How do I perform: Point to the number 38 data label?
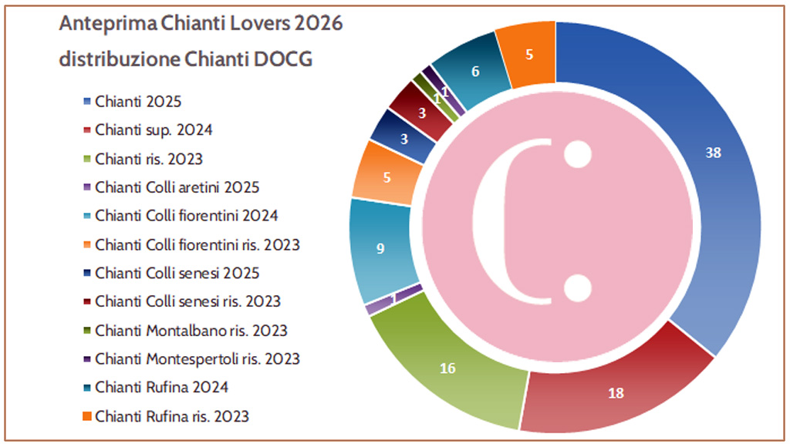714,153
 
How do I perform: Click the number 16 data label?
447,368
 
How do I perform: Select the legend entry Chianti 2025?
138,102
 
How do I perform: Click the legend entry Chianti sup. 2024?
154,130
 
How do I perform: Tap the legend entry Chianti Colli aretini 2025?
177,187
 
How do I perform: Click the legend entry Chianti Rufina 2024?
161,387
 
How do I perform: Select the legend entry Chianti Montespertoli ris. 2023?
197,358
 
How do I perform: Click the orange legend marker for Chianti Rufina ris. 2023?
87,417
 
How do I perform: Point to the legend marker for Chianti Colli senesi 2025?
87,274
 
